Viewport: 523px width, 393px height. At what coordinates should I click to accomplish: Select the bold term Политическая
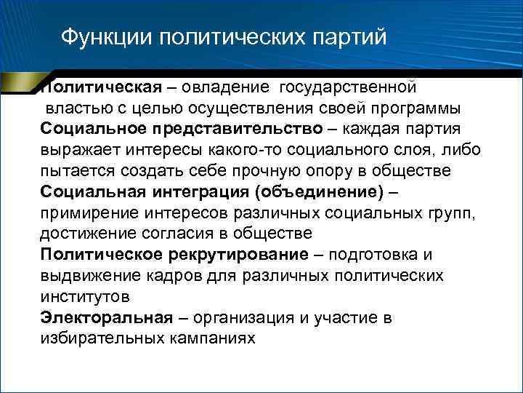pos(100,87)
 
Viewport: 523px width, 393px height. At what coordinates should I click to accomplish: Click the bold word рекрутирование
pos(238,255)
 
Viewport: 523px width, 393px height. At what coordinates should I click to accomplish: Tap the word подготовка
pos(372,255)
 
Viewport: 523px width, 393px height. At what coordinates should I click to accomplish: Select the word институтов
pos(85,297)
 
